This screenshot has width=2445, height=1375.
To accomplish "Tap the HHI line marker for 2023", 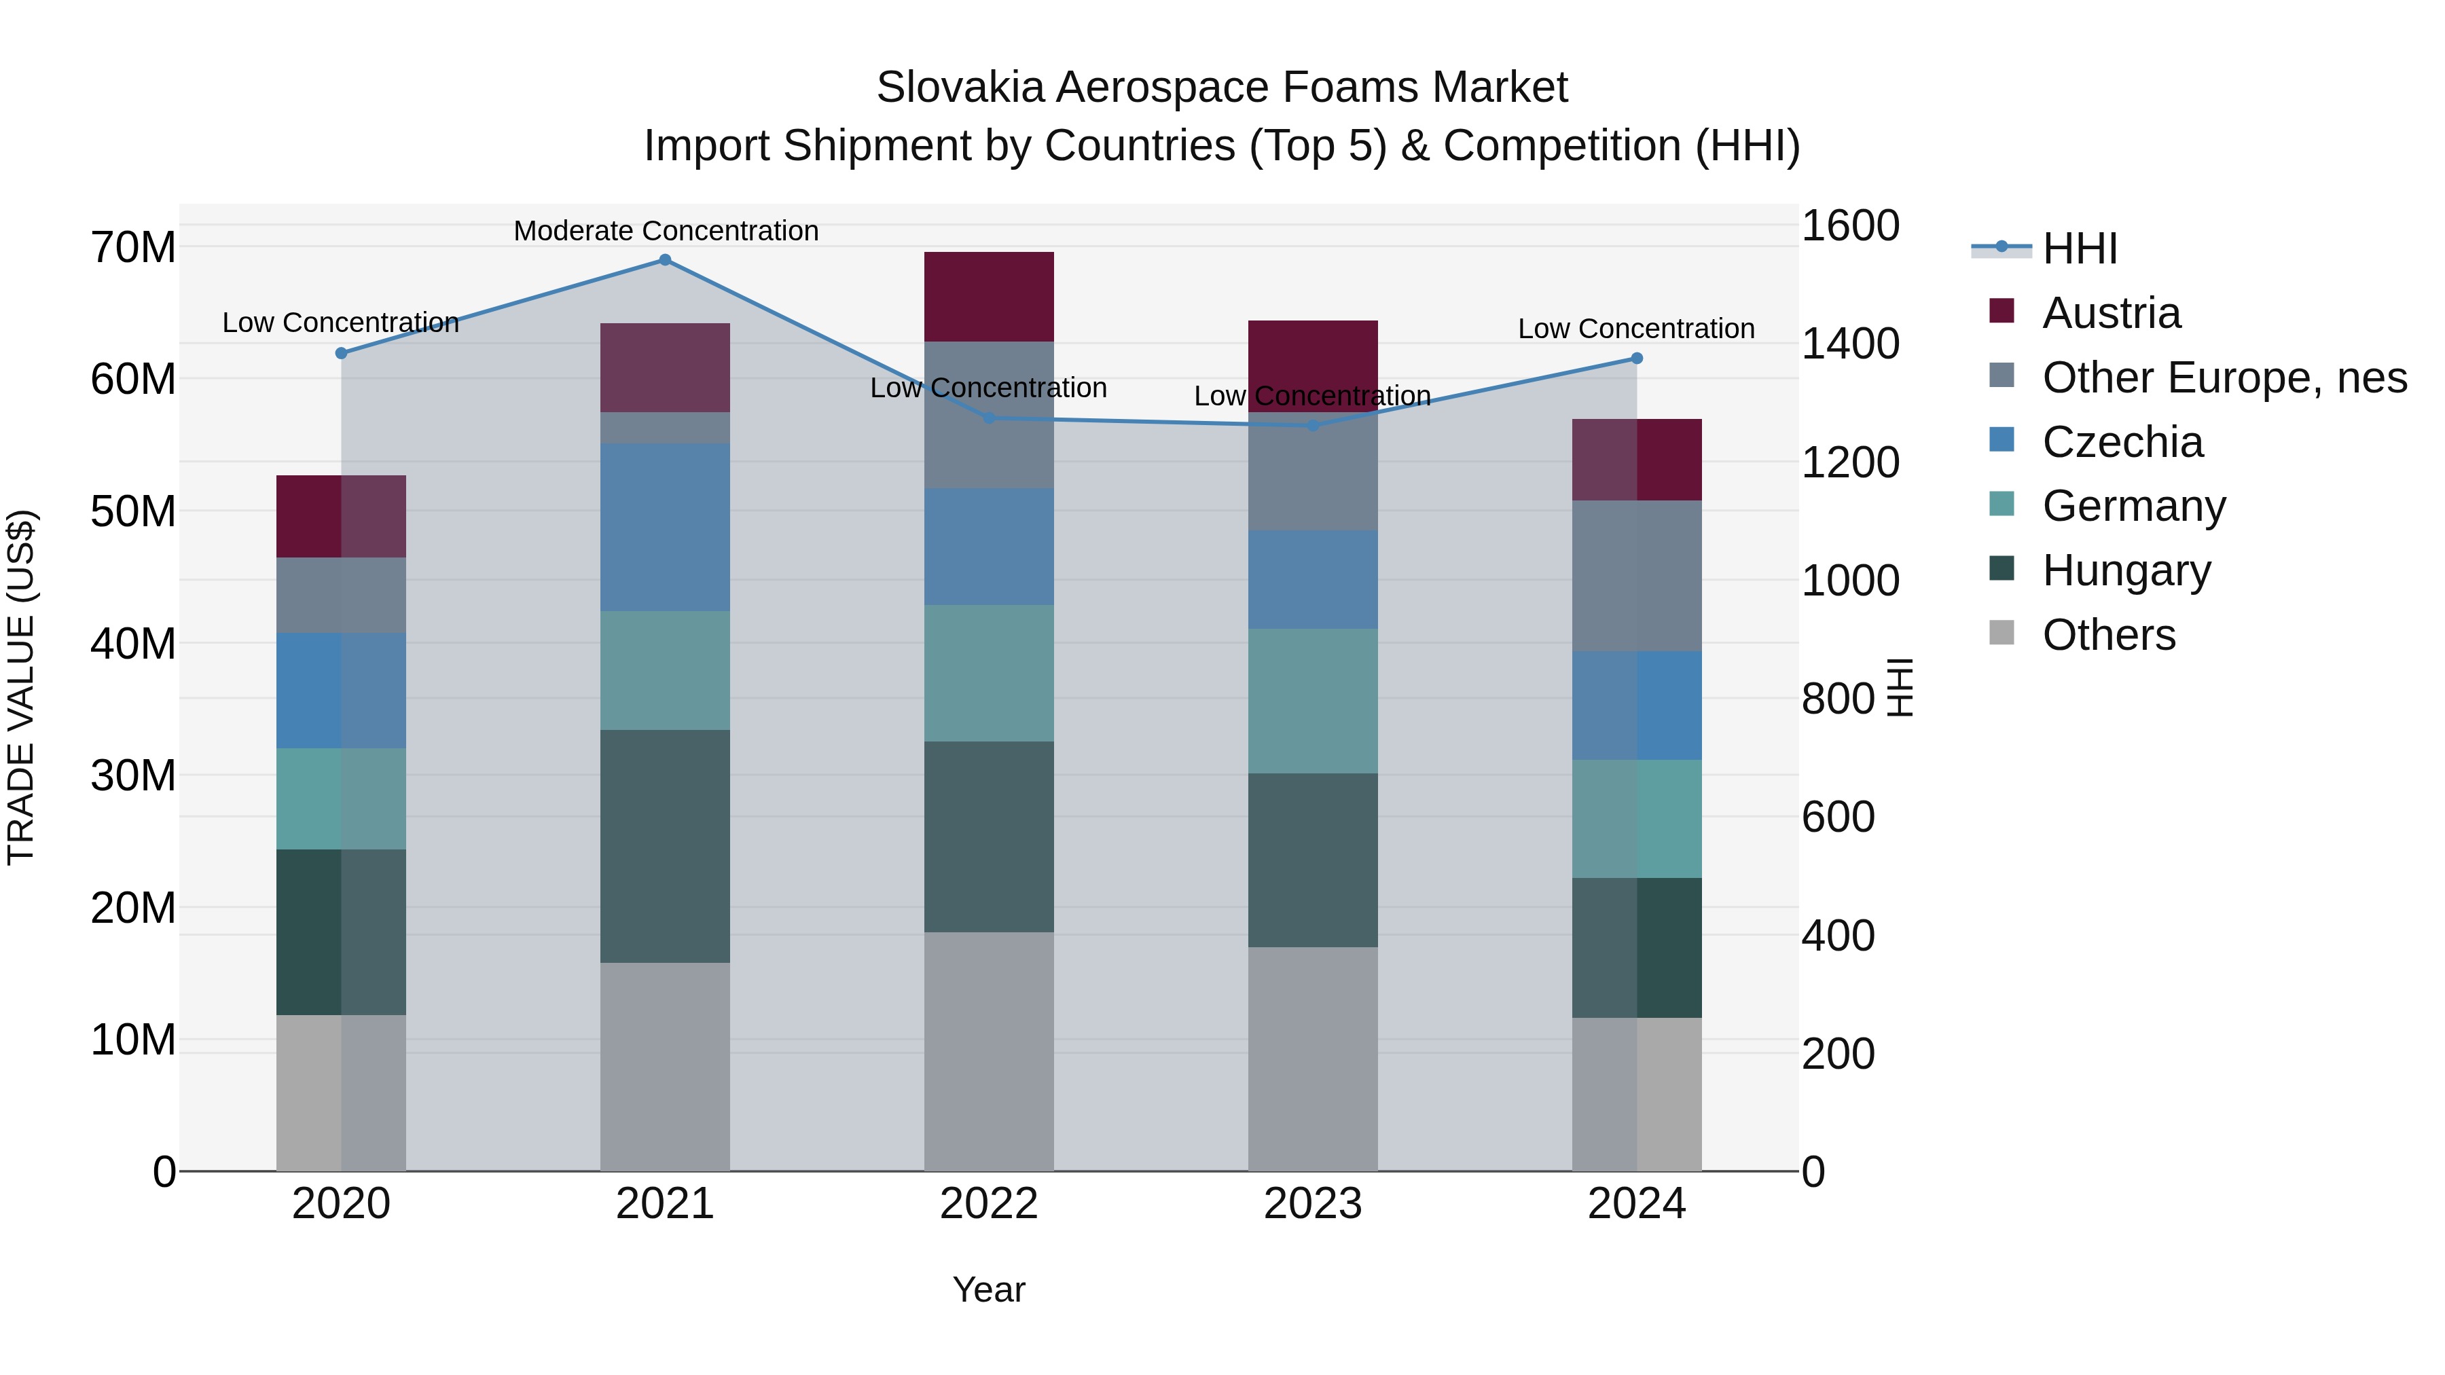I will click(x=1313, y=426).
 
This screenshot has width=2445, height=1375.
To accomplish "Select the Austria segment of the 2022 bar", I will click(x=988, y=296).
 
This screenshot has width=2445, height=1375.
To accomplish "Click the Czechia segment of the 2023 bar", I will click(x=1313, y=579).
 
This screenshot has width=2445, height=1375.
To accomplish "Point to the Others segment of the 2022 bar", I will click(x=988, y=1050).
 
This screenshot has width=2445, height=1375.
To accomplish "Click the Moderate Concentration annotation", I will click(x=666, y=231).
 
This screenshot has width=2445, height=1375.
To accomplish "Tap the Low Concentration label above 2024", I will click(x=1635, y=329).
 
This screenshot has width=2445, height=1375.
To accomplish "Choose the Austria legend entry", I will click(x=2111, y=313).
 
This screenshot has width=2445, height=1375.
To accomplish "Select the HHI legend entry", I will click(x=2079, y=249).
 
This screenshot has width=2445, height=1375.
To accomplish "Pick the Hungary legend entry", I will click(x=2126, y=570).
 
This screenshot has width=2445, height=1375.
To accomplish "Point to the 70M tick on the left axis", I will click(x=133, y=248).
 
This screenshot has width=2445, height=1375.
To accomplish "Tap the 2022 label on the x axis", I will click(x=988, y=1204).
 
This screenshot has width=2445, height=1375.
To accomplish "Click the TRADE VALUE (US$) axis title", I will click(x=22, y=687).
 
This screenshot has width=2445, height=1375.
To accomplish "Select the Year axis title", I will click(x=988, y=1289).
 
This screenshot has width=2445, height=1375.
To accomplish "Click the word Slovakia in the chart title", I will click(x=960, y=88).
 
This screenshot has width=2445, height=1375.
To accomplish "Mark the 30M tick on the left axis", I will click(x=133, y=776).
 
